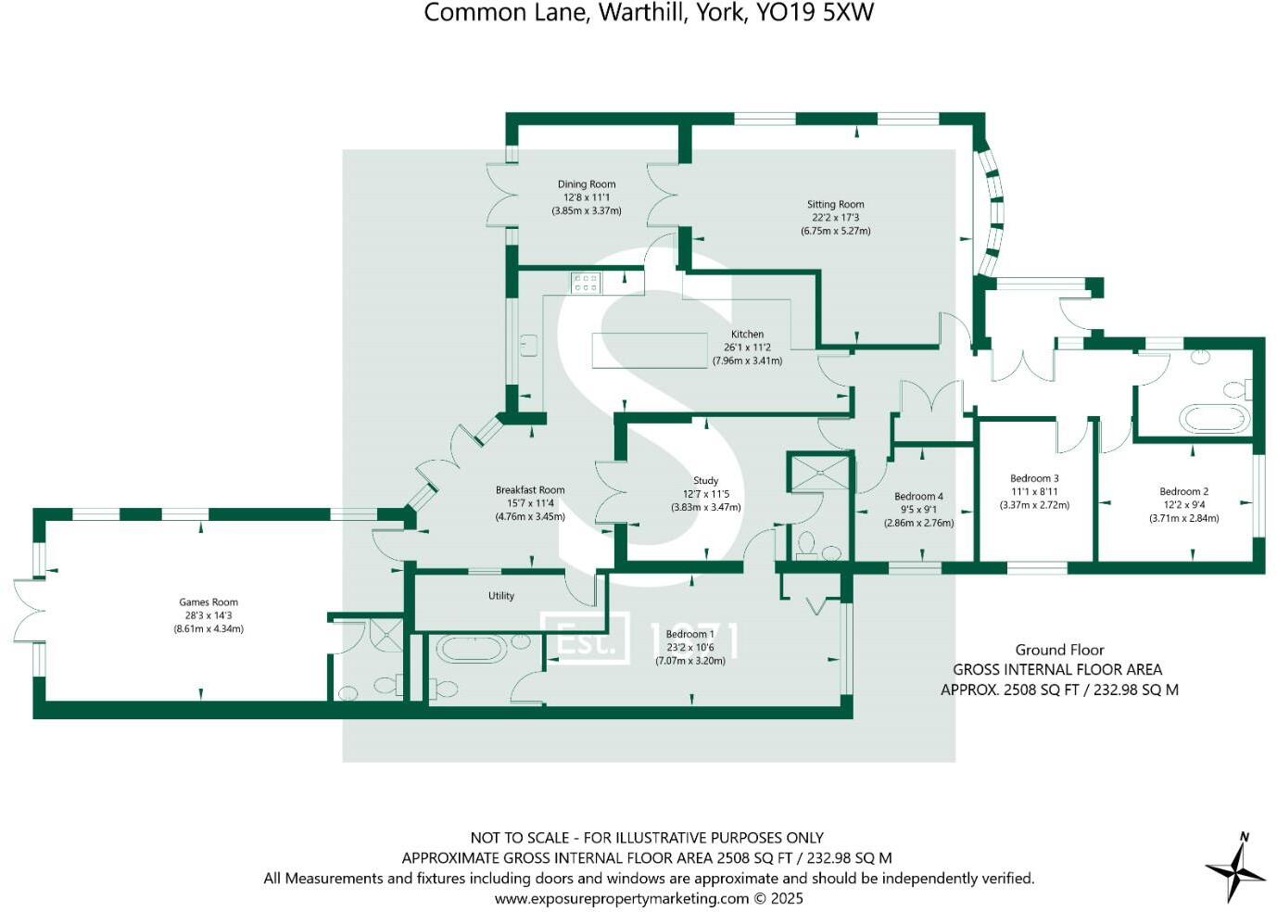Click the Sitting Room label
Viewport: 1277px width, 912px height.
835,205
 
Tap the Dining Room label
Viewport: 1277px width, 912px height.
586,184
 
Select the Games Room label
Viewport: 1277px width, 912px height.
209,602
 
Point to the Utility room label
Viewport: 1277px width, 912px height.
500,596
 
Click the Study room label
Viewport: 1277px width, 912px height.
705,481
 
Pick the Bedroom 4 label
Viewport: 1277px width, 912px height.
918,497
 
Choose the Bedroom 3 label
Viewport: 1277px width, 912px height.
1034,479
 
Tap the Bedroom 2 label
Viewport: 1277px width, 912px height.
1183,492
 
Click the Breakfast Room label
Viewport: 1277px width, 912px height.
530,490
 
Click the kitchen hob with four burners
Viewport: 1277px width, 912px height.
586,282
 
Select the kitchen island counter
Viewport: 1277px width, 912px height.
650,350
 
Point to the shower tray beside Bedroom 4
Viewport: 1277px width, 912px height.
818,472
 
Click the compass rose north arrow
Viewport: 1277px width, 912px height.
1236,867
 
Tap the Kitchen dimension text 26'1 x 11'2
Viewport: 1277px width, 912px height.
747,348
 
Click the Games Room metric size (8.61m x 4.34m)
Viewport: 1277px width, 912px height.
209,629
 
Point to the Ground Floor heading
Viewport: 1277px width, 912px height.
1059,651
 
